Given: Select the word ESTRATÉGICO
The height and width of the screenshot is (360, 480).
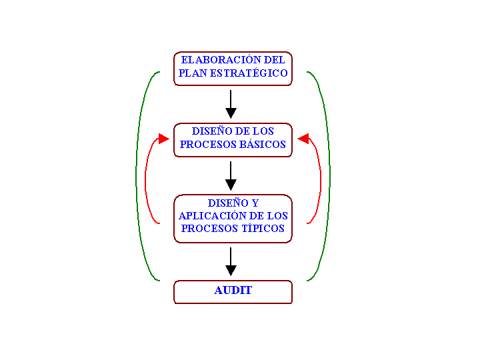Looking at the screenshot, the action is click(249, 73).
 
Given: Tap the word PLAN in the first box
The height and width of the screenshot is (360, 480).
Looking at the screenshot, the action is click(193, 73).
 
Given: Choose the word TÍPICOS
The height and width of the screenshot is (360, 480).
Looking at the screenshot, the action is click(263, 229).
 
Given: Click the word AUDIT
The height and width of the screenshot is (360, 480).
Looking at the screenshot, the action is click(233, 290).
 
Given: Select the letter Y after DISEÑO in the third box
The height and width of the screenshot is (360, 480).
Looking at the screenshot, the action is click(255, 203).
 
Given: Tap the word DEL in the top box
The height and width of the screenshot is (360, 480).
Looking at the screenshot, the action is click(274, 60).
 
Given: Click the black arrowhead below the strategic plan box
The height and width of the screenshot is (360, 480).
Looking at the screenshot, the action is click(231, 113).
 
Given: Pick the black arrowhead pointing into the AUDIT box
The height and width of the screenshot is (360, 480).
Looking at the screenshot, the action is click(231, 270).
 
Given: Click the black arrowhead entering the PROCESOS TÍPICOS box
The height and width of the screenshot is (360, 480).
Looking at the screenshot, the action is click(231, 185).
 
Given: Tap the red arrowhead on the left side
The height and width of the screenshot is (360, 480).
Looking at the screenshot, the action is click(164, 139).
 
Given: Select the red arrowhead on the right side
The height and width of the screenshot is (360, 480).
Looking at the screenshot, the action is click(303, 139).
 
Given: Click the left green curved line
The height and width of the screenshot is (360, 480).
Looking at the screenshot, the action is click(136, 176).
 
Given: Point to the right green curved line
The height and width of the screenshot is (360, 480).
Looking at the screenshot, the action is click(330, 176).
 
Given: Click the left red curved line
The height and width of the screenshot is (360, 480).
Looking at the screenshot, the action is click(145, 181).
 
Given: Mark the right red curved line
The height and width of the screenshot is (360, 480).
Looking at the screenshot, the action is click(321, 181).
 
